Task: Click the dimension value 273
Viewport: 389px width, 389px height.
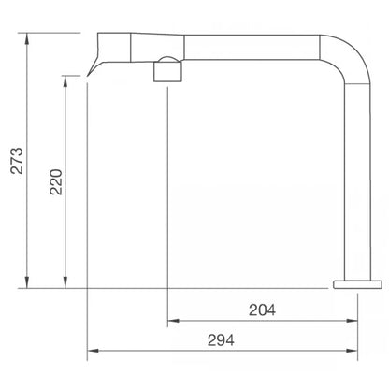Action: tap(17, 161)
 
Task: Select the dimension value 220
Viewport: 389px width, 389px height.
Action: tap(56, 182)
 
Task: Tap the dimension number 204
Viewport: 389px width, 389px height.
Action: tap(262, 310)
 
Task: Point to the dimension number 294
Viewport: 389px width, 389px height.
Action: tap(221, 339)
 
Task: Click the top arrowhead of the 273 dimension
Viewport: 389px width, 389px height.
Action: tap(27, 37)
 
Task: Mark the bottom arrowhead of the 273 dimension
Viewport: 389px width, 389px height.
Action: tap(27, 282)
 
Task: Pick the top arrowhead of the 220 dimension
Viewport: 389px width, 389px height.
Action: tap(65, 80)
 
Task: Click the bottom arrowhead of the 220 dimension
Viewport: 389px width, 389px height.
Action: tap(65, 282)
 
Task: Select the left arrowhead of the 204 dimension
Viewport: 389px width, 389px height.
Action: tap(173, 321)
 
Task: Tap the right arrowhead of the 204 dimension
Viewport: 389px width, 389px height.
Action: tap(352, 321)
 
